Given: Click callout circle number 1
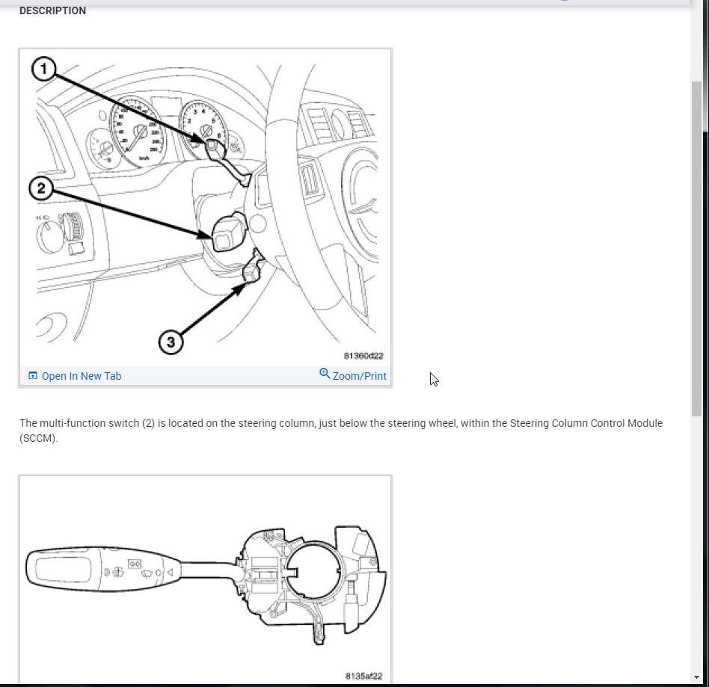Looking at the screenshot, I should pos(43,70).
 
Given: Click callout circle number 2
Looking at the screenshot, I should pos(41,188).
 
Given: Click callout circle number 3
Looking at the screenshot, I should pos(171,342).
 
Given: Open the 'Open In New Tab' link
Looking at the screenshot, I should pos(81,376).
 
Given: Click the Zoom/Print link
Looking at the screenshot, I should pos(359,376).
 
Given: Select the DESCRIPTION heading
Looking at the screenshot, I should pos(52,10).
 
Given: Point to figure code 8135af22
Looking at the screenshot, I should pos(363,676).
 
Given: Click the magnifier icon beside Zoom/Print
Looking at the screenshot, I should pos(325,373).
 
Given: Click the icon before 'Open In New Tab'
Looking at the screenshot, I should pos(32,376).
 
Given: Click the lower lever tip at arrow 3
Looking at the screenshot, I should pos(251,277).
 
